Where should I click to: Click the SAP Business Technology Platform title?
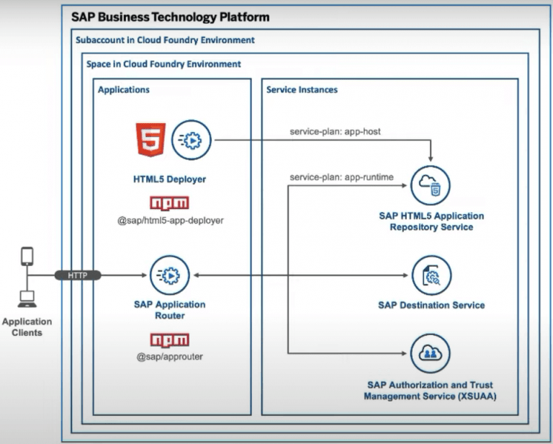coord(171,17)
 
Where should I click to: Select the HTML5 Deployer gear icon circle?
coord(192,140)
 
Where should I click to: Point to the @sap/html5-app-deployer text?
coord(170,220)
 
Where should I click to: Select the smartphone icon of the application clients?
coord(27,256)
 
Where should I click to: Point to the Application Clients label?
coord(27,327)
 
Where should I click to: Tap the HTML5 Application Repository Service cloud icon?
coord(431,186)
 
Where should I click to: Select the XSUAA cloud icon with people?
coord(431,353)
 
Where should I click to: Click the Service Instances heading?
coord(302,90)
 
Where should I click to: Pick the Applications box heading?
coord(124,90)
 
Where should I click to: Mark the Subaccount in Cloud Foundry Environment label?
coord(165,40)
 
